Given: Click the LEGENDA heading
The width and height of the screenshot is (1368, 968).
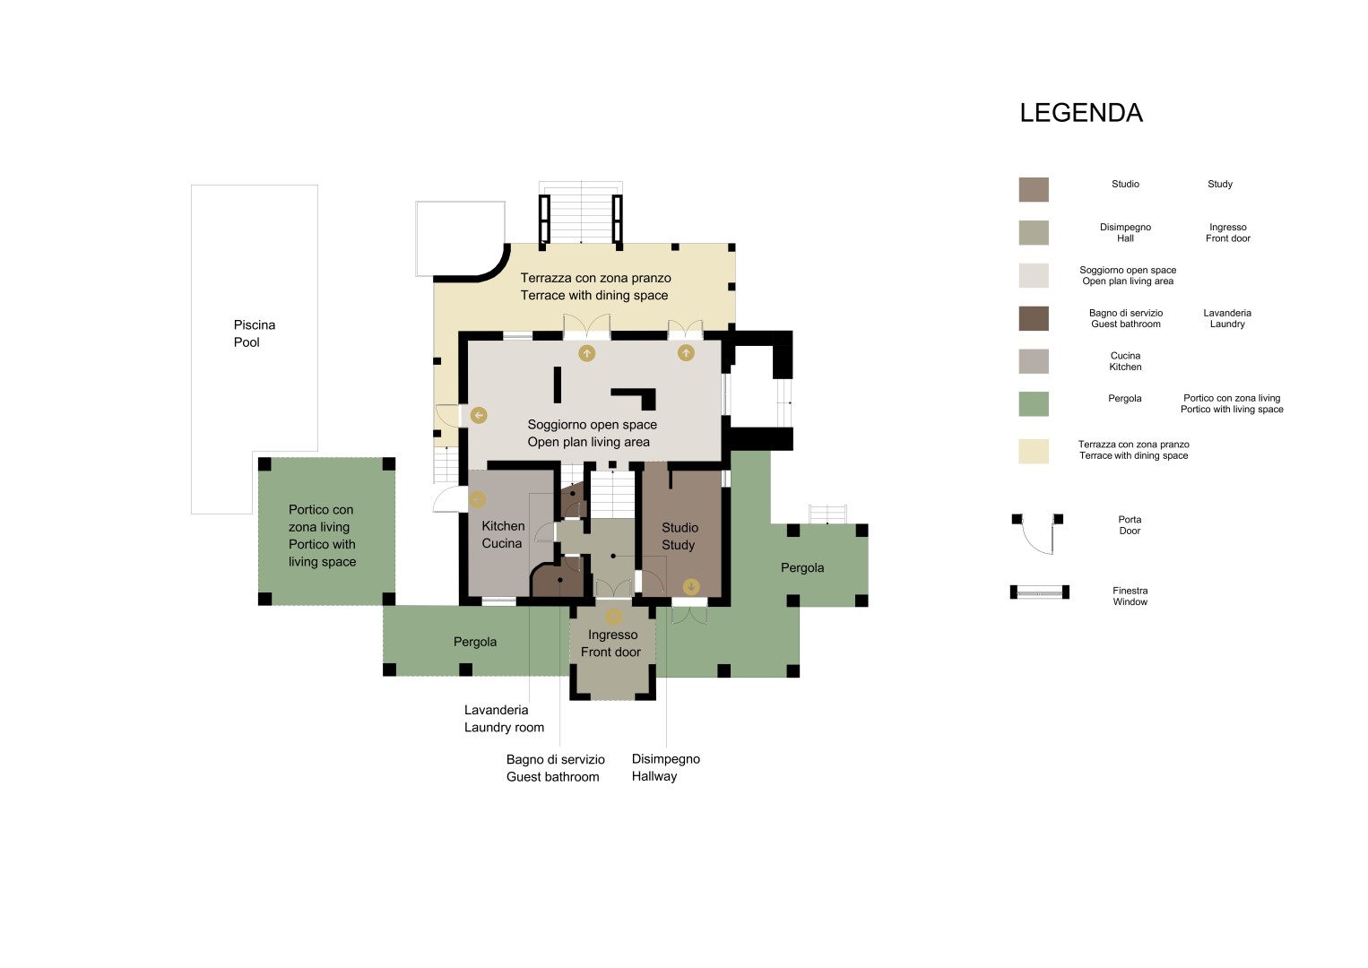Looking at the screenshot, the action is click(1081, 113).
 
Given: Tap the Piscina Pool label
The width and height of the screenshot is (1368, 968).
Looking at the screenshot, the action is click(254, 333).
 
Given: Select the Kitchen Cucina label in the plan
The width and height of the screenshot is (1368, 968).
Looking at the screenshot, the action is click(503, 534).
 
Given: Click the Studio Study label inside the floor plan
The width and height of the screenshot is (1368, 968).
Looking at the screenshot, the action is click(680, 536).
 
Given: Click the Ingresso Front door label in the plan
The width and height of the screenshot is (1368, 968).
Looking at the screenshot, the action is click(611, 644).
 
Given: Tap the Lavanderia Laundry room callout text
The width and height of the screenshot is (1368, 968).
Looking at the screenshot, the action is click(504, 718).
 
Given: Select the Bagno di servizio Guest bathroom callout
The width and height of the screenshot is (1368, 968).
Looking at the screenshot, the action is click(555, 768).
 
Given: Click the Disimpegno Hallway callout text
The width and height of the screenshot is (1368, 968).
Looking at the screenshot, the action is click(666, 767).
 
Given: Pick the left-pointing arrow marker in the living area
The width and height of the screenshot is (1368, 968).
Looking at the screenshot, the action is click(478, 415).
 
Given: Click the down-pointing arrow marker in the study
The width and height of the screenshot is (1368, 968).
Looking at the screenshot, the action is click(690, 587).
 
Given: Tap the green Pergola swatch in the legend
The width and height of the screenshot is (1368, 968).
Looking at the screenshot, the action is click(1034, 403).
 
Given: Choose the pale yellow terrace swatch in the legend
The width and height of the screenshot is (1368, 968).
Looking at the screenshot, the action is click(1034, 452).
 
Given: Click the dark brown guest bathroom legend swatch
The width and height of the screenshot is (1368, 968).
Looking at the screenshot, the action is click(1034, 318).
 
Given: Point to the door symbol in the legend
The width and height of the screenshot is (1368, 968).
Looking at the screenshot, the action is click(1037, 533).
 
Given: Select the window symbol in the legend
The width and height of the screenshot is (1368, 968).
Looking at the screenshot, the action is click(1039, 592).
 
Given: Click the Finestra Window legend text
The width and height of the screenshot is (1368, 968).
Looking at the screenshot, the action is click(1130, 596).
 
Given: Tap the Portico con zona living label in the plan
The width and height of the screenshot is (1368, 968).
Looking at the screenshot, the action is click(321, 536).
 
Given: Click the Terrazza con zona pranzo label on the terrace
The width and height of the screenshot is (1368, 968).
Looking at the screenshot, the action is click(595, 287).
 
